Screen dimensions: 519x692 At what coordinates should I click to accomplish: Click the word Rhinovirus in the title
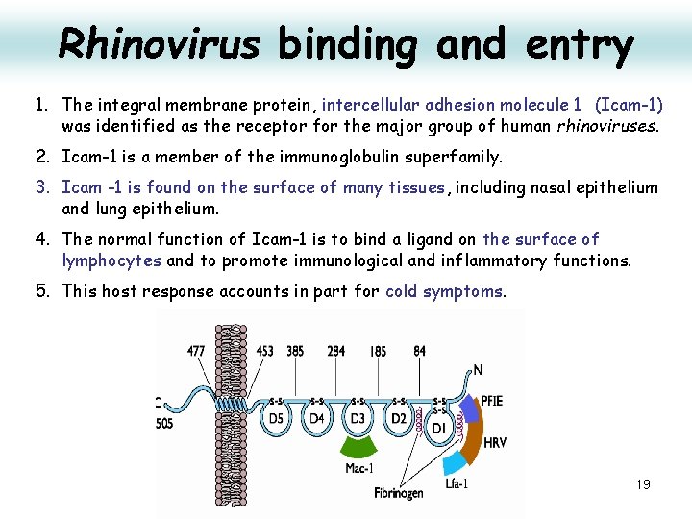click(x=159, y=43)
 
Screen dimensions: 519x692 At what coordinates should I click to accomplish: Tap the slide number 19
click(x=643, y=484)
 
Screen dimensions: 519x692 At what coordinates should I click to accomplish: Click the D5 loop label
click(x=277, y=419)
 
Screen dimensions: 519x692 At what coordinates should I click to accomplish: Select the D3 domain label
click(x=358, y=419)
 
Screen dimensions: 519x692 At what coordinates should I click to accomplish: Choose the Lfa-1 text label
click(x=457, y=483)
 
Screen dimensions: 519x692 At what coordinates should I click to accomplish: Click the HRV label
click(x=496, y=443)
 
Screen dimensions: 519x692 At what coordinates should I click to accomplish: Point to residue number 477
click(x=196, y=351)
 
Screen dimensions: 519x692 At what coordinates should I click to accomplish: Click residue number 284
click(x=335, y=351)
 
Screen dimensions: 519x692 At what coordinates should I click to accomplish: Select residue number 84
click(x=419, y=351)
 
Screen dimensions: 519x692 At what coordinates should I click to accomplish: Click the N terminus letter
click(x=479, y=369)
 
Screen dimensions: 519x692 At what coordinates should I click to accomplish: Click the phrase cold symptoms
click(x=444, y=291)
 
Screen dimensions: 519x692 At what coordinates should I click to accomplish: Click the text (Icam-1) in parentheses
click(x=629, y=104)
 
